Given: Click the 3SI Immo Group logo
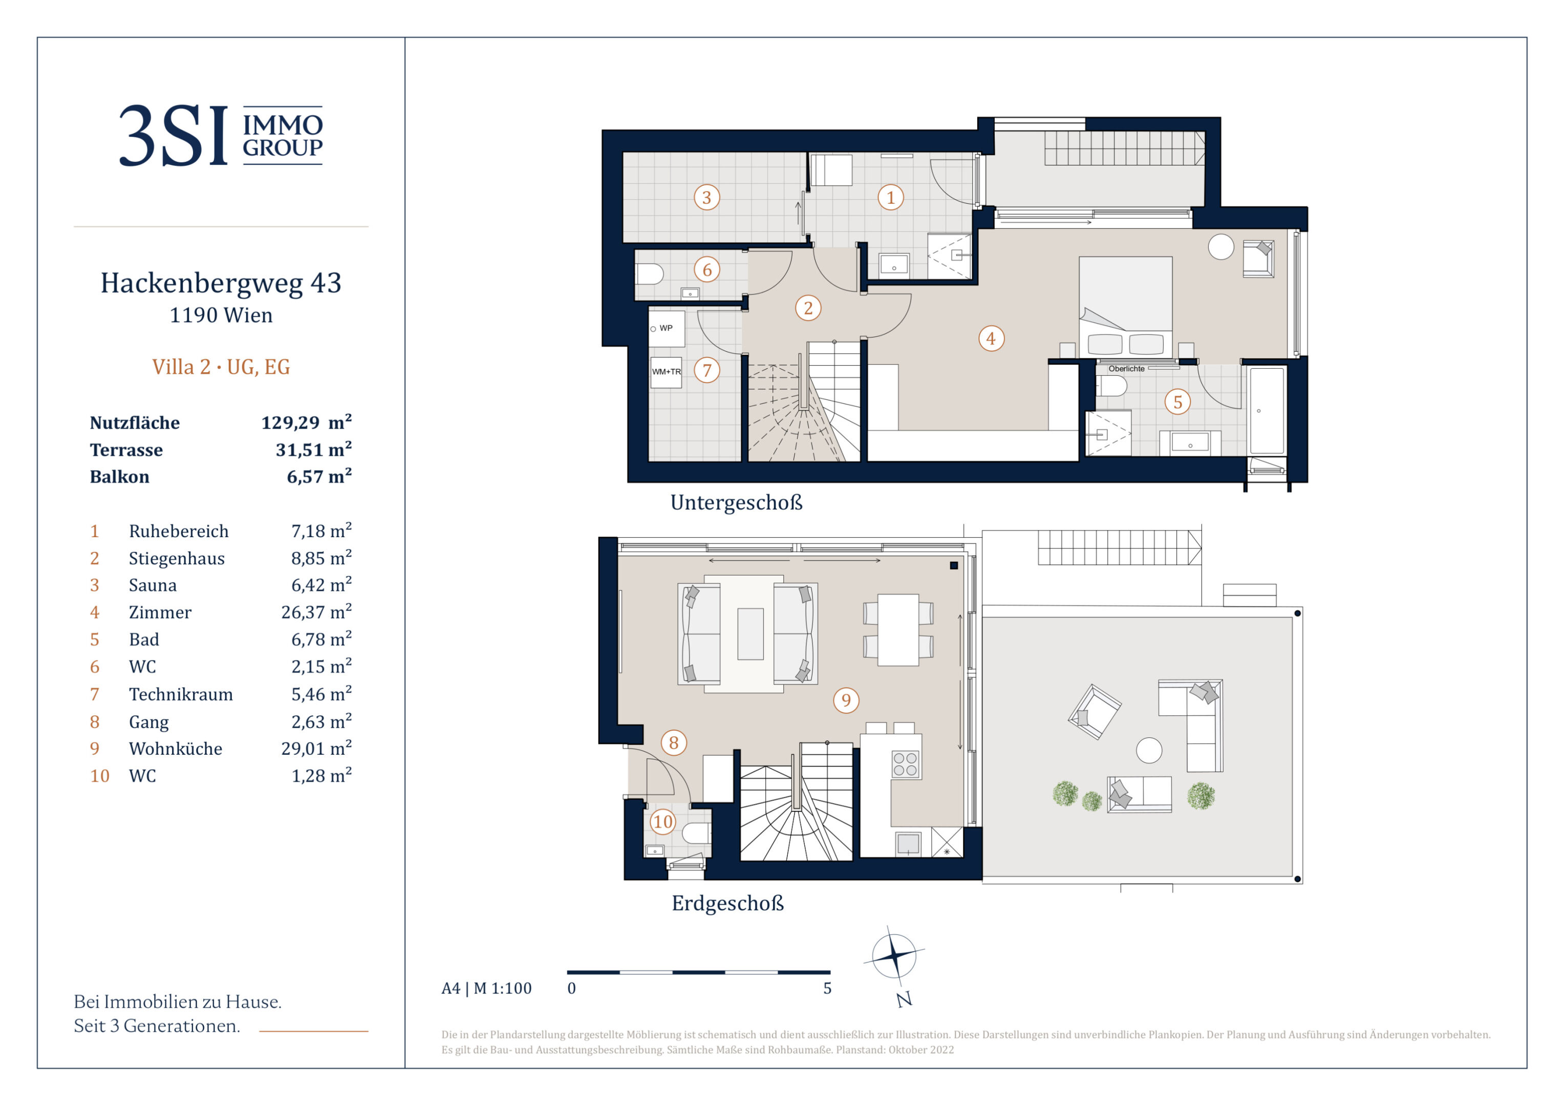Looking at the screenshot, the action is click(221, 135).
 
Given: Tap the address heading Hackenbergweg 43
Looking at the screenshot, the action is click(221, 283).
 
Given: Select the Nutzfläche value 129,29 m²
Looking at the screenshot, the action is click(307, 422).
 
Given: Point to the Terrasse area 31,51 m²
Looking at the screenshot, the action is click(313, 449).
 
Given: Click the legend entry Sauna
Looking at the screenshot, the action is click(153, 585).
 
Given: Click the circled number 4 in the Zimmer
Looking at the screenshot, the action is click(991, 338).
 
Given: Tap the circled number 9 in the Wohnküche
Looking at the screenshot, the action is click(846, 700).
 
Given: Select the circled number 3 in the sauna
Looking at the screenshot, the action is click(706, 198).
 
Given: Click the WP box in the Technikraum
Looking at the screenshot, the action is click(666, 328).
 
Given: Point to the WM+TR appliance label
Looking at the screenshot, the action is click(666, 372).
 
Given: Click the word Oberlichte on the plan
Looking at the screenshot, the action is click(1127, 369).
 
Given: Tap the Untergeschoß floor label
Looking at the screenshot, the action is click(736, 502).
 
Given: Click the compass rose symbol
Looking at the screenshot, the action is click(894, 955).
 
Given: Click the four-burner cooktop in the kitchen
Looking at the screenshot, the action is click(905, 764).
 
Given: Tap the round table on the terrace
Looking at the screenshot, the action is click(1149, 750).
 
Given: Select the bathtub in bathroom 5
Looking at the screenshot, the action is click(1267, 410).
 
